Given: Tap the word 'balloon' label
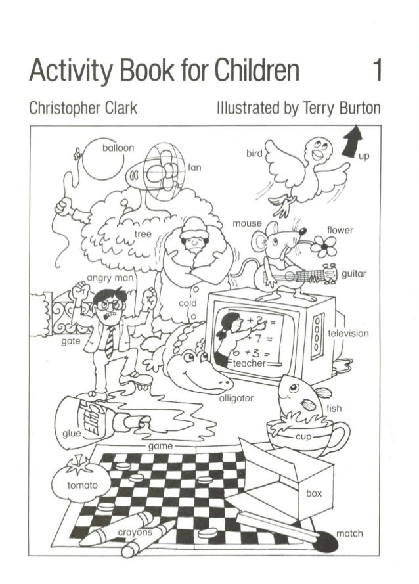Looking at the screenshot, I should coord(118,148).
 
